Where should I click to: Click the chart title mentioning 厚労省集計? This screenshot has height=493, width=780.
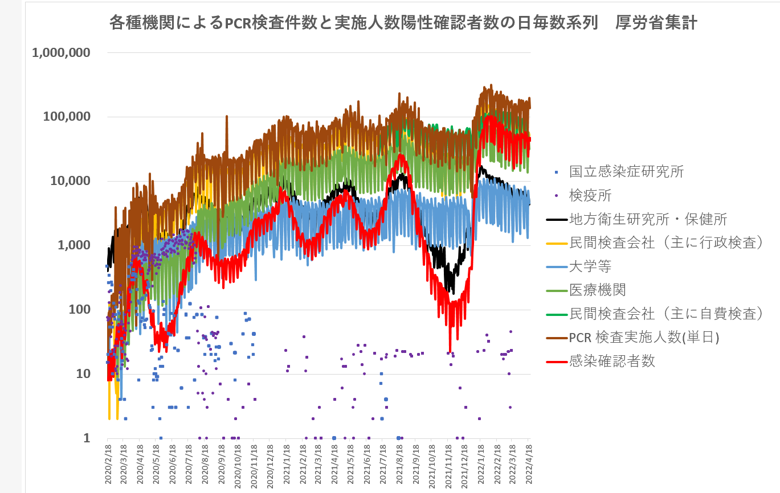[403, 23]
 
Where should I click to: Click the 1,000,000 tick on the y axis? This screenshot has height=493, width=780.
[62, 53]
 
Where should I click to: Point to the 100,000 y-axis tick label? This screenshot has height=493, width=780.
[67, 117]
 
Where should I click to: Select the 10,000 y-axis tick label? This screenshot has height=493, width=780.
[71, 181]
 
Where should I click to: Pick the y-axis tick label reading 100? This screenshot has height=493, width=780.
[80, 310]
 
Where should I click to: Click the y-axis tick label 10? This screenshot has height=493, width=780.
[83, 374]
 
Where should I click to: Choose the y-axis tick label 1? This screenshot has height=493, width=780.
[87, 438]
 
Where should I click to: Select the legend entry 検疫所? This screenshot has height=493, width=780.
[590, 195]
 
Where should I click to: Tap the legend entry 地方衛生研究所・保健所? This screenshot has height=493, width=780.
[648, 219]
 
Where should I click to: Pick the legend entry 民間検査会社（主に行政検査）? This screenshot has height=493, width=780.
[666, 243]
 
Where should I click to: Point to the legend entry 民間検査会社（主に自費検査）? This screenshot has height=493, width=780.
[666, 314]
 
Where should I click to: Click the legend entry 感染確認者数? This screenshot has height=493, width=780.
[612, 361]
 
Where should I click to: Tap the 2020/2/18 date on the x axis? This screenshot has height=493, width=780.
[107, 464]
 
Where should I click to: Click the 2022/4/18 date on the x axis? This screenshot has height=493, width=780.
[529, 464]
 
